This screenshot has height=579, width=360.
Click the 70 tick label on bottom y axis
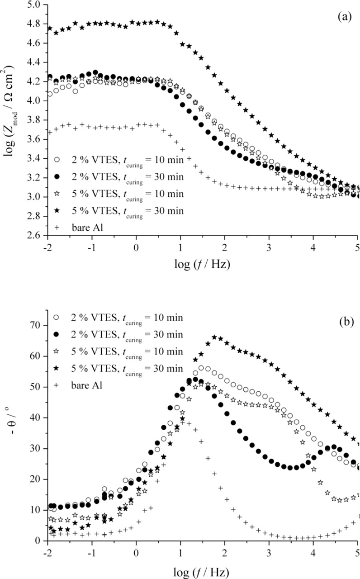(x=37, y=325)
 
